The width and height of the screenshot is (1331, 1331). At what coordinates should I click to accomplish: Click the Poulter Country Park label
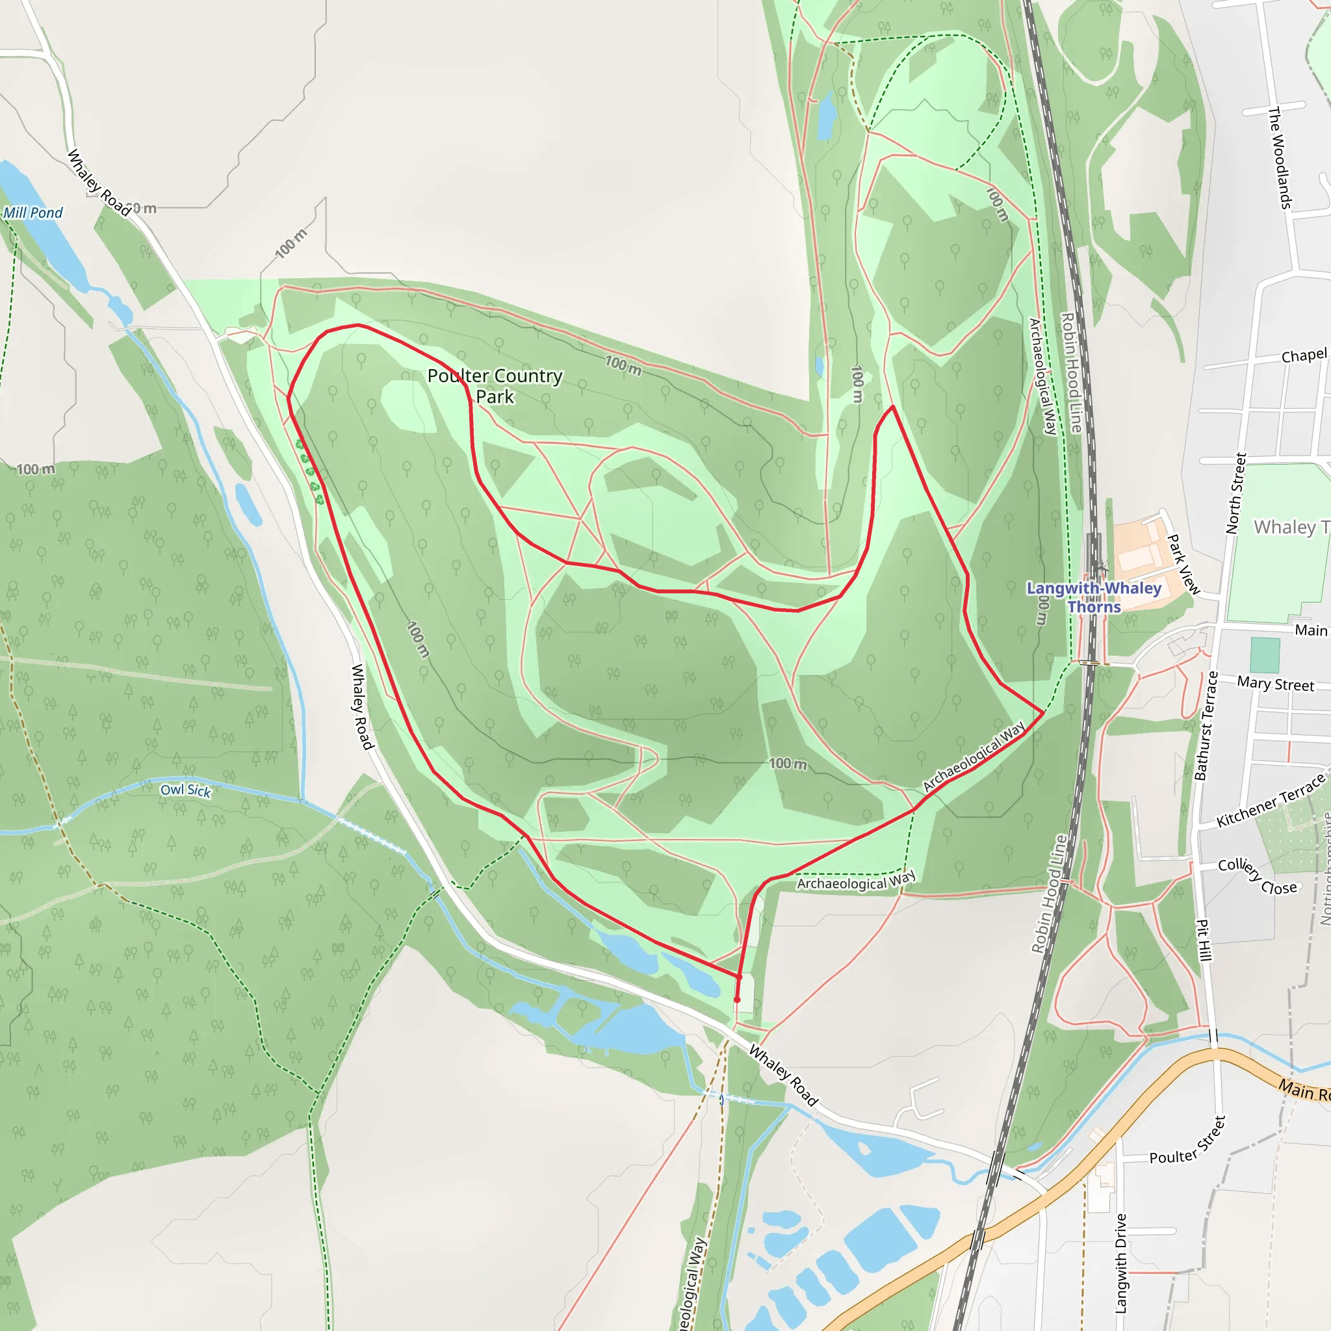pos(495,386)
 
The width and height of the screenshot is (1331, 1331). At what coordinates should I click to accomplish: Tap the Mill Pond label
pos(33,213)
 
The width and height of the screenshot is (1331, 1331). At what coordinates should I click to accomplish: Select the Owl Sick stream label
pos(185,790)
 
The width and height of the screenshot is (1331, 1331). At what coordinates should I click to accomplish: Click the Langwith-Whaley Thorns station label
pos(1094,597)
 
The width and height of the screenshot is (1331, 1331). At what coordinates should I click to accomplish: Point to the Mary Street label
pos(1275,684)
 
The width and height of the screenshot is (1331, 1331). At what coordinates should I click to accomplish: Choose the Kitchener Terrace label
pos(1271,801)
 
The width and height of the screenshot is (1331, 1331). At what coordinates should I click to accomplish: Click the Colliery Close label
pos(1258,876)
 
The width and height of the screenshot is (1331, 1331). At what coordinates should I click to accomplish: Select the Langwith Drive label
pos(1121,1263)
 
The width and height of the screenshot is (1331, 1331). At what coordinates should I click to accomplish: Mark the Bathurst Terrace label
pos(1206,726)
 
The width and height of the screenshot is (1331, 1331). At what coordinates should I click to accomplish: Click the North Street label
pos(1236,493)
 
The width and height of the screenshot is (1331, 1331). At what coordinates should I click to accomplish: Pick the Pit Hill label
pos(1204,940)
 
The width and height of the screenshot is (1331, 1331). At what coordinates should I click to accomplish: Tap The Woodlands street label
pos(1280,158)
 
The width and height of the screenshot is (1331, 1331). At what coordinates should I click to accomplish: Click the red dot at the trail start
pos(737,1000)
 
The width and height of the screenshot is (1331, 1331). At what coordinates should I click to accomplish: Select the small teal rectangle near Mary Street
pos(1265,655)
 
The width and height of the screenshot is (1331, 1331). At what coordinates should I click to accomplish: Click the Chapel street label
pos(1304,356)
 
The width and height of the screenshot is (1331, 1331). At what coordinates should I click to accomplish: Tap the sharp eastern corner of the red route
pos(1044,711)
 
